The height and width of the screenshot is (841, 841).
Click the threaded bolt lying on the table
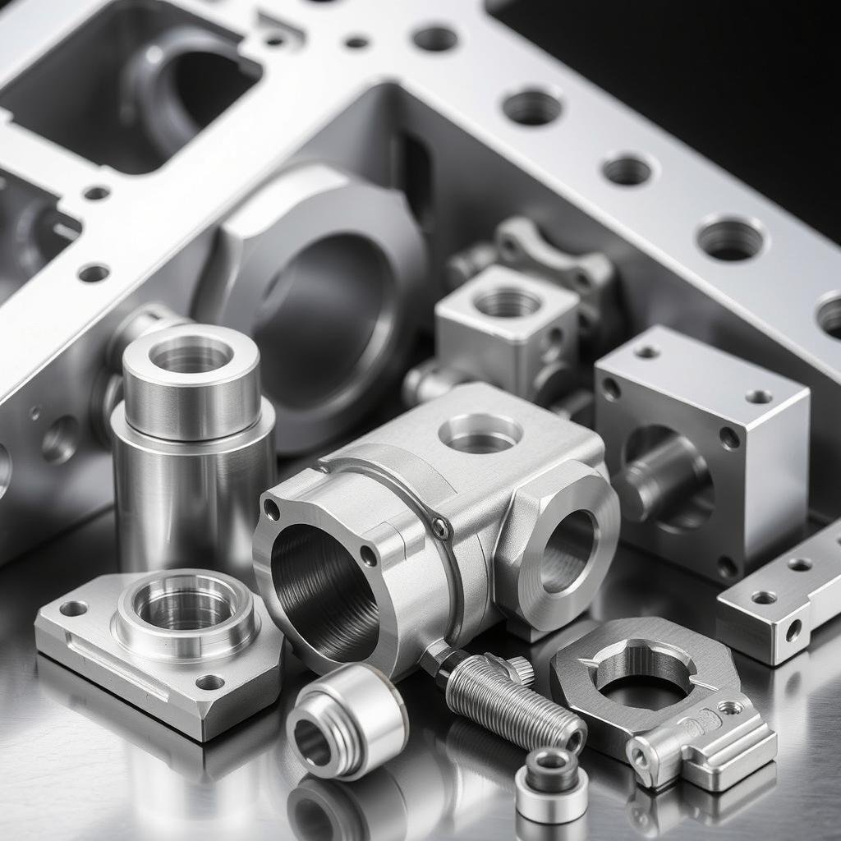pyautogui.click(x=513, y=698)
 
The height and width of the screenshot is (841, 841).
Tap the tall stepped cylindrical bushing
pyautogui.click(x=193, y=443)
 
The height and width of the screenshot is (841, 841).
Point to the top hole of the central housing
pyautogui.click(x=480, y=432)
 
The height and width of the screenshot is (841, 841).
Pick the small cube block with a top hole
pyautogui.click(x=507, y=329)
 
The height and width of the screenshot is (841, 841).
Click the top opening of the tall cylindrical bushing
pyautogui.click(x=191, y=356)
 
